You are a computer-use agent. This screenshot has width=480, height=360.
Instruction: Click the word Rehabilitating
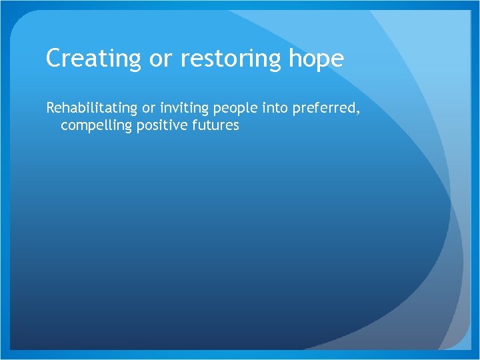pyautogui.click(x=91, y=109)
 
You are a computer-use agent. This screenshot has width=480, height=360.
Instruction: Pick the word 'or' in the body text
pyautogui.click(x=149, y=109)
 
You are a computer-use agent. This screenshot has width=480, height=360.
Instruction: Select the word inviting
pyautogui.click(x=184, y=109)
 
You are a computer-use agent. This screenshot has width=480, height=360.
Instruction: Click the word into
pyautogui.click(x=273, y=109)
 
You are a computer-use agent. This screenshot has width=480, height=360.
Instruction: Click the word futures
pyautogui.click(x=214, y=125)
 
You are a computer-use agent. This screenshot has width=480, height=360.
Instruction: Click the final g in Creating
pyautogui.click(x=135, y=62)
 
